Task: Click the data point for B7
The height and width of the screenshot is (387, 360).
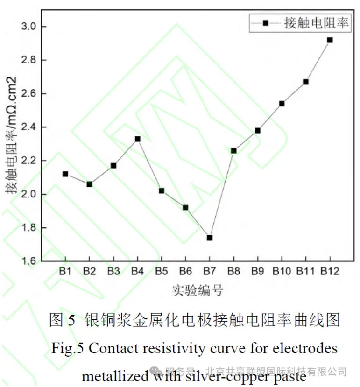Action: (x=210, y=238)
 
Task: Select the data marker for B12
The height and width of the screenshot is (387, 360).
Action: (x=330, y=40)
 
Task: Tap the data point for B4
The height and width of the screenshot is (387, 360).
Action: (x=137, y=139)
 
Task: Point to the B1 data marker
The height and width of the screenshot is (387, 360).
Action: (x=65, y=174)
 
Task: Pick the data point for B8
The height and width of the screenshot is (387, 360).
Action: (x=233, y=150)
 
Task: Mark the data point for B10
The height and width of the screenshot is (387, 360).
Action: (x=282, y=104)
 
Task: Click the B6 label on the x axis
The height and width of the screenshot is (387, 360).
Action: (x=185, y=271)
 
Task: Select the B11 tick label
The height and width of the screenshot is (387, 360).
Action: (x=305, y=271)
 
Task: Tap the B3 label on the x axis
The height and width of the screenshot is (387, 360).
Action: (x=113, y=271)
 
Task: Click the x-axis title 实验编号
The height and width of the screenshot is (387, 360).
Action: (x=197, y=290)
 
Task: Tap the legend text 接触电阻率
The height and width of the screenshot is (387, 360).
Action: (x=317, y=23)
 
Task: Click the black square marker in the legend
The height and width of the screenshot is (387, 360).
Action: (x=266, y=23)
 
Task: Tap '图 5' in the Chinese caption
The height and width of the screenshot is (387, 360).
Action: (x=62, y=320)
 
